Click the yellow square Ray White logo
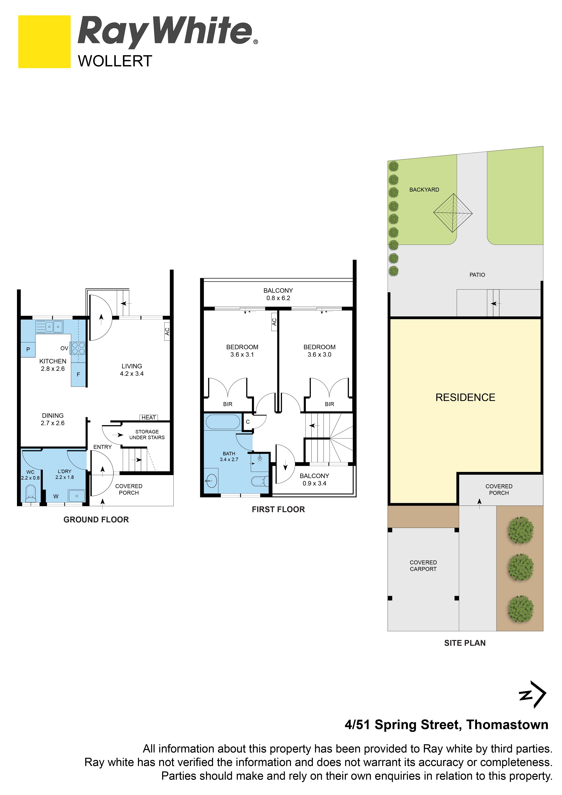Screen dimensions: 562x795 [x=44, y=42]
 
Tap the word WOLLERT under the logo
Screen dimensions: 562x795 [x=115, y=61]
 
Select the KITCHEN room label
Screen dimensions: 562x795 [x=53, y=361]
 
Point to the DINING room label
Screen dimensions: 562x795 [x=53, y=415]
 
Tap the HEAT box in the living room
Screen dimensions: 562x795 [x=149, y=418]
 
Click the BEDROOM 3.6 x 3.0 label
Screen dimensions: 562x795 [x=319, y=351]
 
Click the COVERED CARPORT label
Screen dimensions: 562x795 [x=423, y=566]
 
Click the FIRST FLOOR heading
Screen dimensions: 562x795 [x=278, y=509]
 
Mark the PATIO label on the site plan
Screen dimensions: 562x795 [x=477, y=275]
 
